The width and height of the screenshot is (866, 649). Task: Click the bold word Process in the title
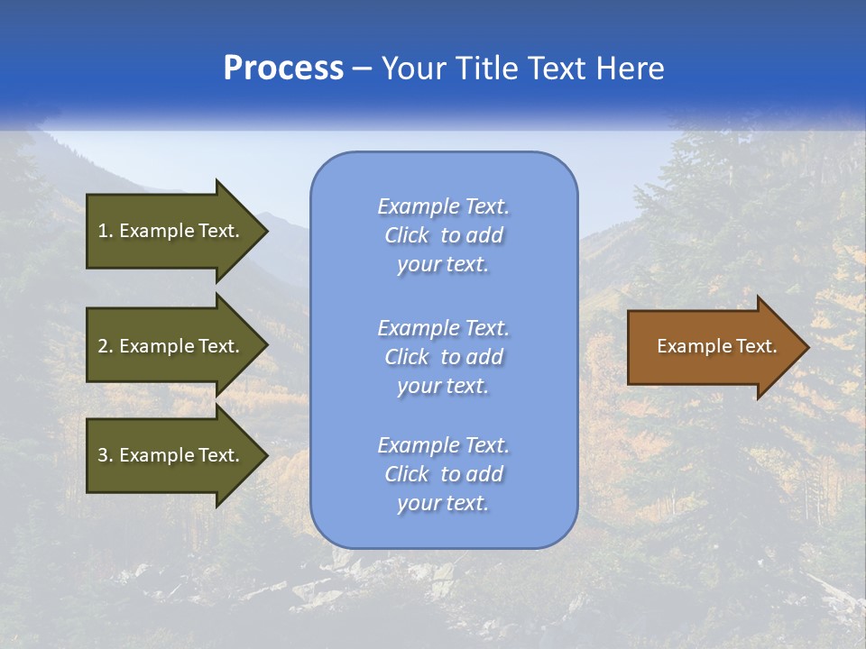283,69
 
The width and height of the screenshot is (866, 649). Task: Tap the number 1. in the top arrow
106,231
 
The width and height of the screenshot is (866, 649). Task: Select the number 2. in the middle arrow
106,346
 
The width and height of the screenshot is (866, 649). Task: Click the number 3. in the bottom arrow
106,456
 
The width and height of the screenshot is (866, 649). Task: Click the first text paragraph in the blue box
443,235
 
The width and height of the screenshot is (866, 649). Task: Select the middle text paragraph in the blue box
443,357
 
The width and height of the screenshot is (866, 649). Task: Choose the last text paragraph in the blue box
443,474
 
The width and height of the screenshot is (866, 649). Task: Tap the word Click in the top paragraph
407,235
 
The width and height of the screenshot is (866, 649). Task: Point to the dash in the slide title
363,69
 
